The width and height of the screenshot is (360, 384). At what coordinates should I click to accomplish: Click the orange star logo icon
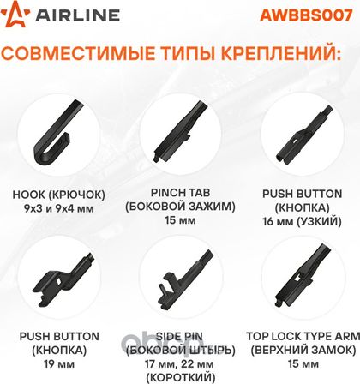pyautogui.click(x=15, y=15)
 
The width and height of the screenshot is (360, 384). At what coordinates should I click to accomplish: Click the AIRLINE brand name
pyautogui.click(x=77, y=15)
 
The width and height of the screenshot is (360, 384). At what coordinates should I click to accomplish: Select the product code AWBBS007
pyautogui.click(x=306, y=15)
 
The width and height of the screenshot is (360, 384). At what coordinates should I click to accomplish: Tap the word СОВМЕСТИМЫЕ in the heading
pyautogui.click(x=78, y=53)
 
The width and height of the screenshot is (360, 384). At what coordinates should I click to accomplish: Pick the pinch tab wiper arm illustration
pyautogui.click(x=180, y=131)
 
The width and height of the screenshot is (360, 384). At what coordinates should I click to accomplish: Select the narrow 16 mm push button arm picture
pyautogui.click(x=303, y=135)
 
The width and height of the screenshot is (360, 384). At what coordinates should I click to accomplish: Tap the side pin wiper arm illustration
pyautogui.click(x=185, y=276)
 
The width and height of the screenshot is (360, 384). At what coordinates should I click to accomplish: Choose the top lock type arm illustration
pyautogui.click(x=302, y=276)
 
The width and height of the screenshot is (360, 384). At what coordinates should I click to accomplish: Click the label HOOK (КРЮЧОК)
pyautogui.click(x=58, y=195)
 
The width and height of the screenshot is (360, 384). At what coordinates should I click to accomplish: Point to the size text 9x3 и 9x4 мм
pyautogui.click(x=59, y=208)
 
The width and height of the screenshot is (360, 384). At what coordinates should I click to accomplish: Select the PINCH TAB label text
pyautogui.click(x=180, y=193)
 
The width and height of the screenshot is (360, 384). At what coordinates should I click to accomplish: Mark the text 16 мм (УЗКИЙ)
pyautogui.click(x=302, y=221)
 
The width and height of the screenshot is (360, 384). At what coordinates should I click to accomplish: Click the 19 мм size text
pyautogui.click(x=59, y=364)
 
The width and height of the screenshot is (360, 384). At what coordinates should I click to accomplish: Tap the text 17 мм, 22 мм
pyautogui.click(x=179, y=364)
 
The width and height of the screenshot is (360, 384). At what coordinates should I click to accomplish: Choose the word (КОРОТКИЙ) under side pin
pyautogui.click(x=180, y=378)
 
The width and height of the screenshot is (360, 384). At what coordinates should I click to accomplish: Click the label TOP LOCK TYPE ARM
pyautogui.click(x=303, y=336)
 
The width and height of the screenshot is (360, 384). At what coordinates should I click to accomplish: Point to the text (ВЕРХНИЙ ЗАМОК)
pyautogui.click(x=303, y=350)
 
